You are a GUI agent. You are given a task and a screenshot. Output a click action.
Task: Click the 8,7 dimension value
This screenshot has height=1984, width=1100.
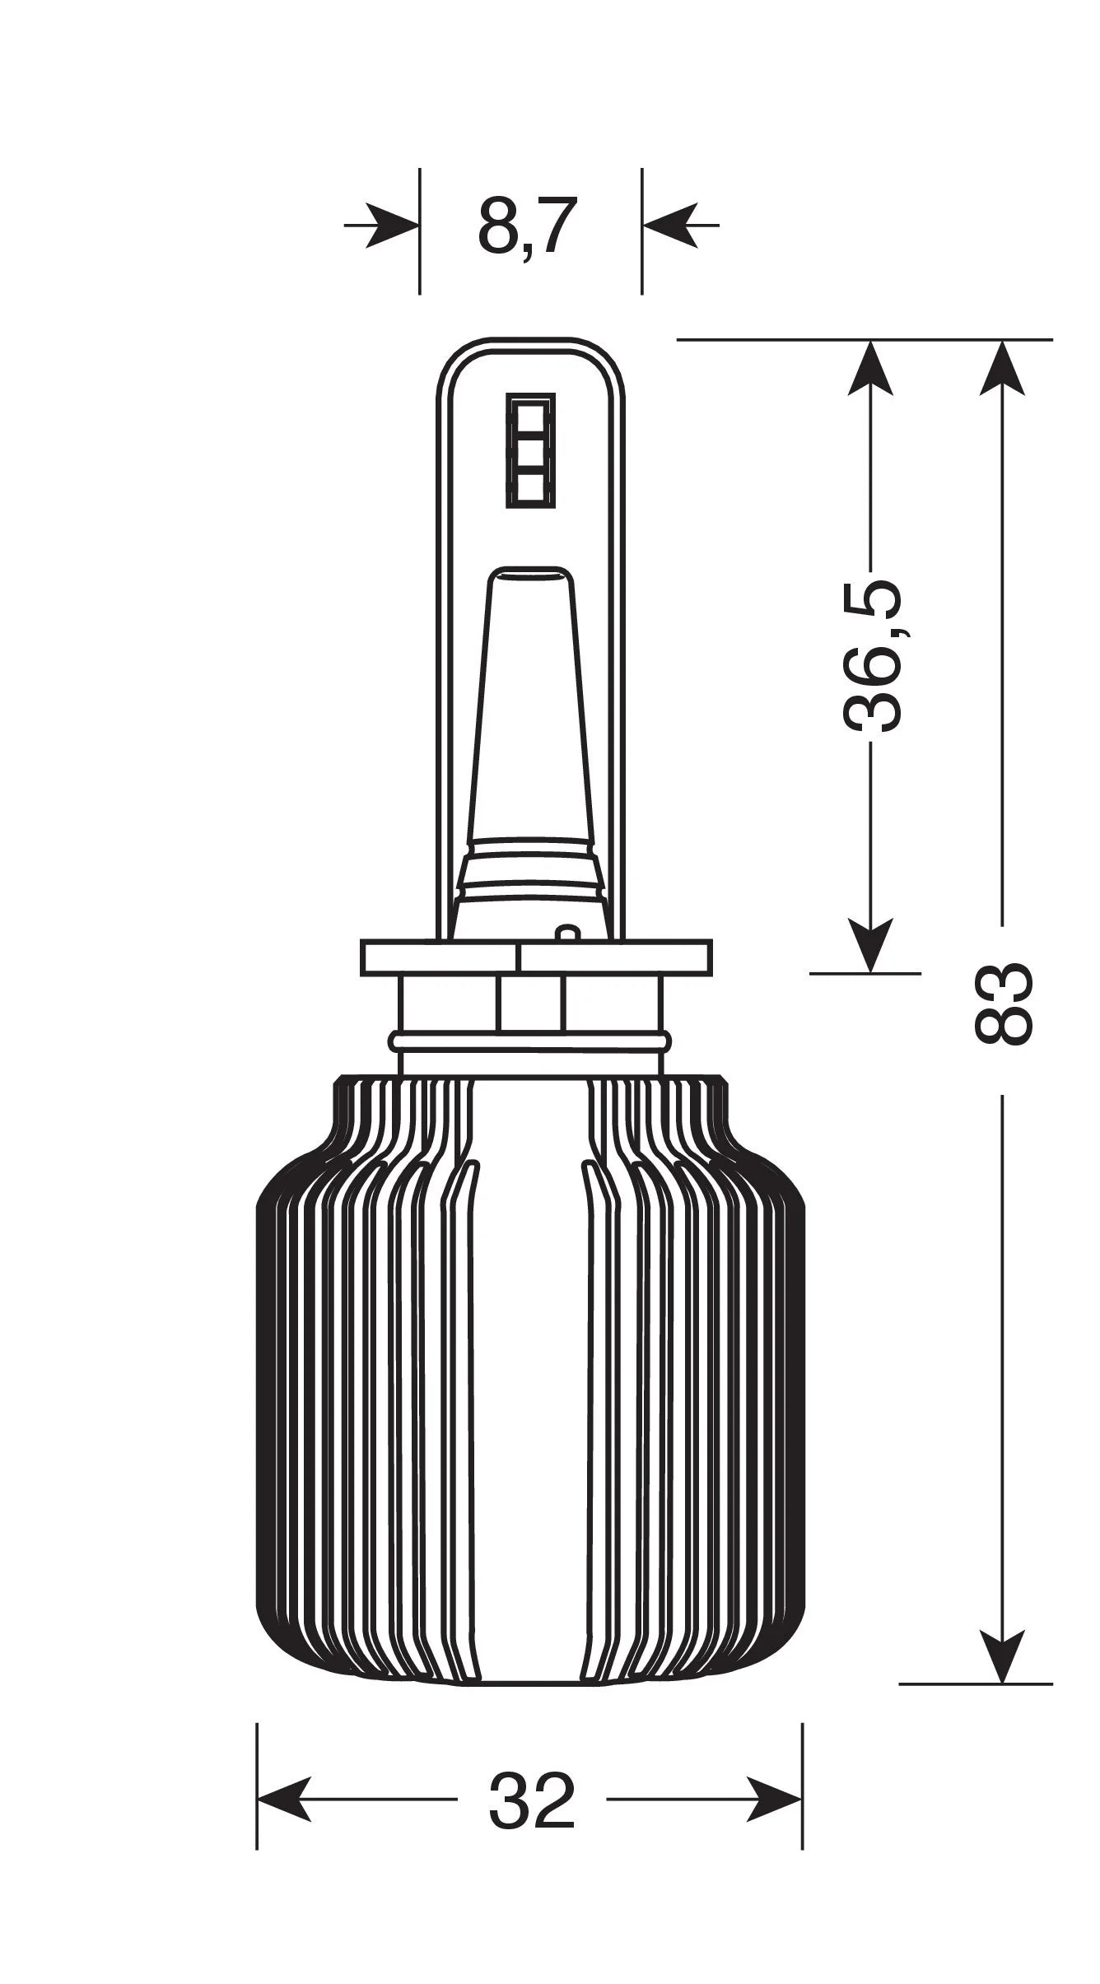click(x=524, y=225)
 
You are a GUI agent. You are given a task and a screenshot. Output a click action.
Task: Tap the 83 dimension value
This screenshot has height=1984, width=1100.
click(x=1002, y=1004)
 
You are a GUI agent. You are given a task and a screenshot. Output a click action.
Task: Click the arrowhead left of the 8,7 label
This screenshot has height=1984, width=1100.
click(x=392, y=224)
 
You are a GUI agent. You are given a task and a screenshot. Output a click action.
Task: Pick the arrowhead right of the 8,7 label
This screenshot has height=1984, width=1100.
click(x=669, y=224)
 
